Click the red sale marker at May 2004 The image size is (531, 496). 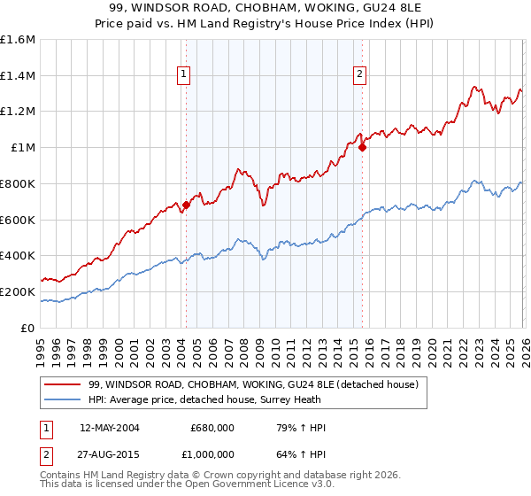pyautogui.click(x=186, y=205)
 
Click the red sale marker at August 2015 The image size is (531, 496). pyautogui.click(x=362, y=148)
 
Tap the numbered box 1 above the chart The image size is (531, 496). pyautogui.click(x=183, y=75)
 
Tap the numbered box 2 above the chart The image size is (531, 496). pyautogui.click(x=360, y=75)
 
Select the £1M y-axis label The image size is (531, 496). pyautogui.click(x=23, y=148)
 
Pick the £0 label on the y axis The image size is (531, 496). pyautogui.click(x=28, y=328)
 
